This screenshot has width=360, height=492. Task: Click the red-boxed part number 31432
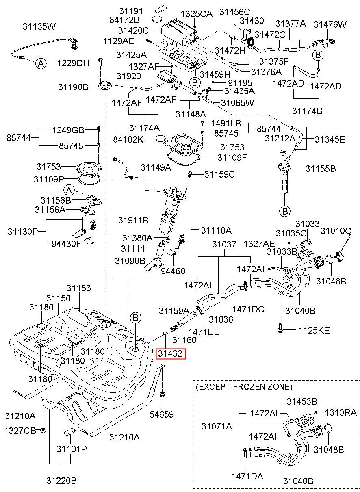170,353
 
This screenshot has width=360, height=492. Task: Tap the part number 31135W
39,26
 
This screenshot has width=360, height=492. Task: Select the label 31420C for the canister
134,30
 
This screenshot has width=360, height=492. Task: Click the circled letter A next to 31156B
69,190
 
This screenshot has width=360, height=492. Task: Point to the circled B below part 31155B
285,211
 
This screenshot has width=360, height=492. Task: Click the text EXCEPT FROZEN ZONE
244,386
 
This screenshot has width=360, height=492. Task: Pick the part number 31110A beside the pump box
216,230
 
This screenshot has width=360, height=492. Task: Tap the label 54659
162,414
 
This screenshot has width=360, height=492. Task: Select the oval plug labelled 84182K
160,139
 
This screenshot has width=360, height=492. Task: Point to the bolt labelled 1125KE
280,329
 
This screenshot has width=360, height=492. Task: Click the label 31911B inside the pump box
133,220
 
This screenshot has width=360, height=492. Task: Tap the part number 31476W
330,24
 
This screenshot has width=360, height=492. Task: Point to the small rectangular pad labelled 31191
160,9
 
